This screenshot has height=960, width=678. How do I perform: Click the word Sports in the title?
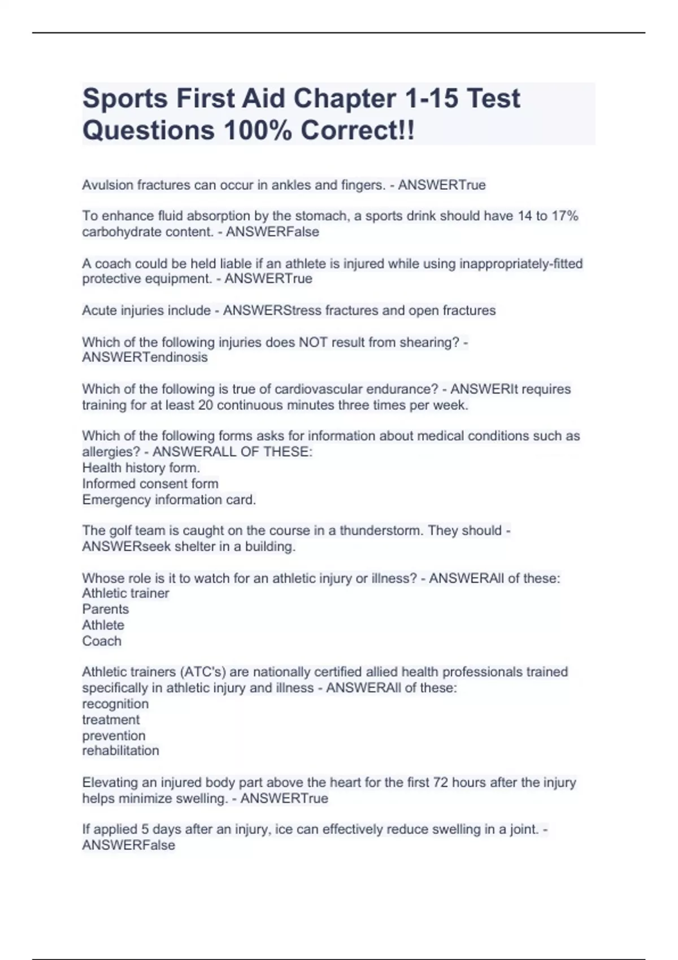click(x=125, y=99)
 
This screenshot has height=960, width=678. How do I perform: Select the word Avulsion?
click(x=107, y=185)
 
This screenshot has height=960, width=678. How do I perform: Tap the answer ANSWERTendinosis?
click(x=145, y=357)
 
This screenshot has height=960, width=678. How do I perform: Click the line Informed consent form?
click(x=150, y=484)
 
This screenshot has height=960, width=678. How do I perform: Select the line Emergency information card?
click(x=169, y=500)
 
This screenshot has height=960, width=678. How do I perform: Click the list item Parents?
click(x=106, y=609)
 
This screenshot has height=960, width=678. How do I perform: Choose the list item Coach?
click(x=102, y=641)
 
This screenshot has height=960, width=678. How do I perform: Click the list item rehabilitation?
click(x=120, y=750)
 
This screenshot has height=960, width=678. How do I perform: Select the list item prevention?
click(x=114, y=736)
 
